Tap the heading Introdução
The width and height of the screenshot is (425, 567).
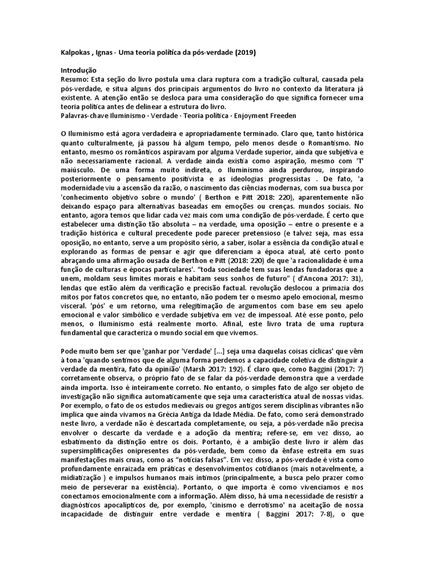(79, 70)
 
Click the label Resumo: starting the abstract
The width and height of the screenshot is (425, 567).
(75, 79)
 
